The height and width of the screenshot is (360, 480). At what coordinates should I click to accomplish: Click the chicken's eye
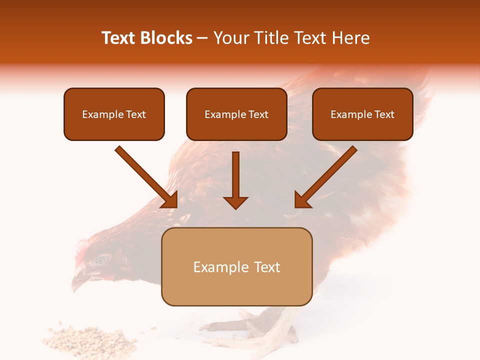click(x=102, y=259)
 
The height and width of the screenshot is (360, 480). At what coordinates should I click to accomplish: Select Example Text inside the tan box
click(x=236, y=267)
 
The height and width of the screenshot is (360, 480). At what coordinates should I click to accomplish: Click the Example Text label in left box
click(x=114, y=114)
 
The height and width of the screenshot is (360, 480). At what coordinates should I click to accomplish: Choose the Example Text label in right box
click(x=362, y=114)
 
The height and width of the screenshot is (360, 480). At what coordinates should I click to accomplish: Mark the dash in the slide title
click(x=202, y=38)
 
